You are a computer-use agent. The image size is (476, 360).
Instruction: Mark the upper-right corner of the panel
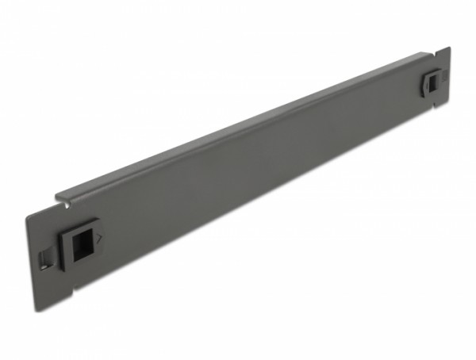click(449, 48)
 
